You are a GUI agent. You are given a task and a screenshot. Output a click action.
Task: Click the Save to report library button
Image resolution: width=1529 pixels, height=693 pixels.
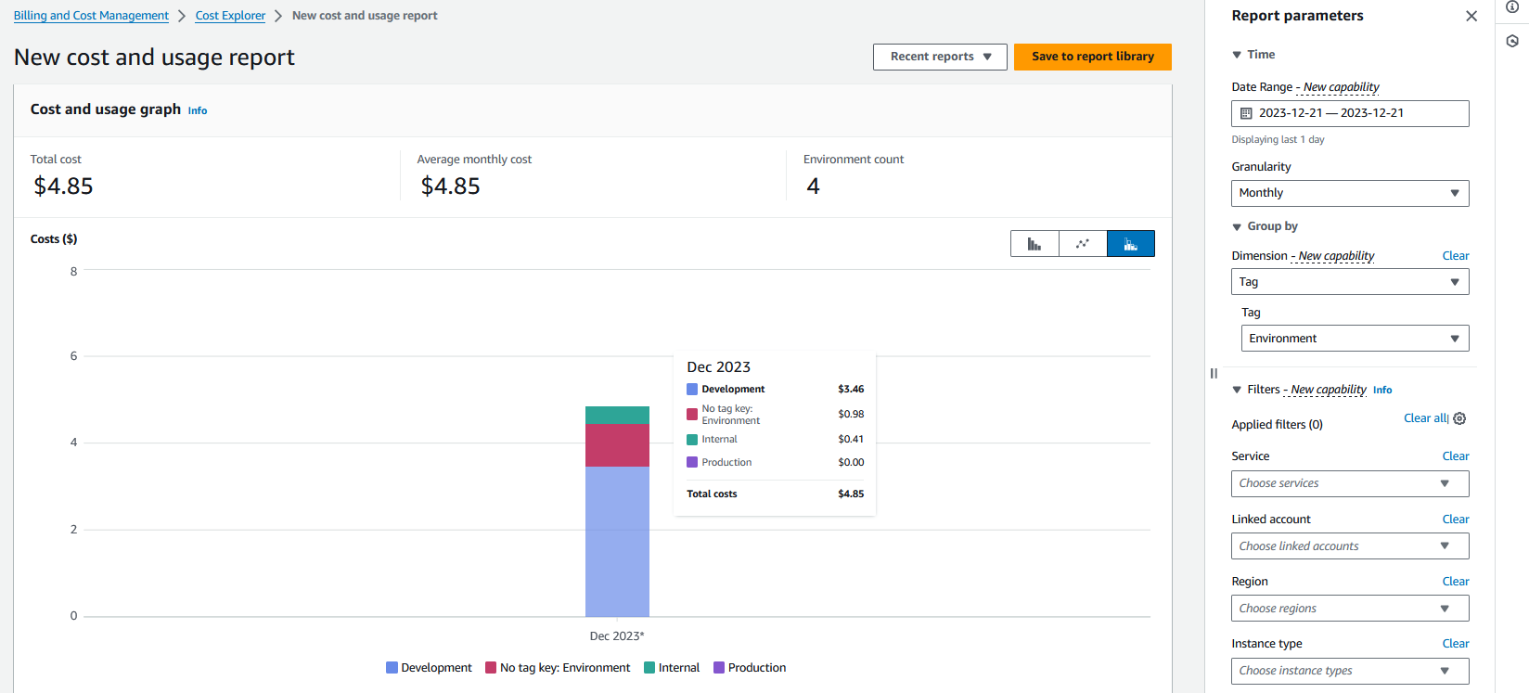click(x=1092, y=57)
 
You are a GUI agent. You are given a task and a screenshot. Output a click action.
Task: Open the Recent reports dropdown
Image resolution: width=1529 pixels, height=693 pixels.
click(x=940, y=57)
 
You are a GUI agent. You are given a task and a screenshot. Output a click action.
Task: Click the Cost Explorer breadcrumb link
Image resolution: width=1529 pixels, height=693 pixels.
click(x=230, y=15)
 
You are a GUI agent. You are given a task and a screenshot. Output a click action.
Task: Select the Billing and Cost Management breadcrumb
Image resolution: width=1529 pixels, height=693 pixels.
click(x=91, y=15)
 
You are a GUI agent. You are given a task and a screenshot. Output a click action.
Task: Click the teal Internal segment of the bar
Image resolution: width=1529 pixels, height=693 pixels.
click(x=617, y=415)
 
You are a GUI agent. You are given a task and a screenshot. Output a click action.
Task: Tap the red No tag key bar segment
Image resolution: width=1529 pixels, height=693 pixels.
click(x=617, y=445)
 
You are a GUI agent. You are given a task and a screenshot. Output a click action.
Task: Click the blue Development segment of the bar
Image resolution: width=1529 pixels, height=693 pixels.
click(x=617, y=542)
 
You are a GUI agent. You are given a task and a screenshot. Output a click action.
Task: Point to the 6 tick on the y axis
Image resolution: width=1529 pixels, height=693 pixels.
click(x=73, y=355)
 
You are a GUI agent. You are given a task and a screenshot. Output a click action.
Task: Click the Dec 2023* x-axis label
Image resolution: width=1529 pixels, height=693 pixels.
click(x=617, y=635)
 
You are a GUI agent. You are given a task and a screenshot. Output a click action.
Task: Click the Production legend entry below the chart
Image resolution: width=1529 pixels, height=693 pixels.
click(x=750, y=668)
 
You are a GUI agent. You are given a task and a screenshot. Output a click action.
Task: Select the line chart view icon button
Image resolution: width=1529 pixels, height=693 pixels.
click(x=1083, y=244)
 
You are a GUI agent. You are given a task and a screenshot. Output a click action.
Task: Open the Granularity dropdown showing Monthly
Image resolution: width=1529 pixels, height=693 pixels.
click(x=1350, y=193)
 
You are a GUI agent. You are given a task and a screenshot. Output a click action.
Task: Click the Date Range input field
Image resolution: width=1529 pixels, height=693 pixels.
click(x=1350, y=113)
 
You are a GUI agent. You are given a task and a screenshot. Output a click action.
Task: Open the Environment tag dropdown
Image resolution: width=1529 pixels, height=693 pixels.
click(x=1355, y=339)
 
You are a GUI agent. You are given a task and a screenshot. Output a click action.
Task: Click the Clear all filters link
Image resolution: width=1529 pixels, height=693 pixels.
click(x=1424, y=417)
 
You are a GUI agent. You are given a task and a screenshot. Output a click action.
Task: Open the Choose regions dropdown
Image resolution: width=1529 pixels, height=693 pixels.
click(x=1350, y=609)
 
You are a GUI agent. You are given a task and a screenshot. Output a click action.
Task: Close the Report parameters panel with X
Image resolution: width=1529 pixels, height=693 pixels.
click(x=1471, y=16)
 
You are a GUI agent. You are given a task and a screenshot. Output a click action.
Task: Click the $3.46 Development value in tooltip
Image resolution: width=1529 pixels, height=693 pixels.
click(x=851, y=389)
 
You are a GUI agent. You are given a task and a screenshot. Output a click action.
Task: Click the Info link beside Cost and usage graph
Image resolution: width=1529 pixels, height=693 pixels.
click(x=198, y=110)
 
